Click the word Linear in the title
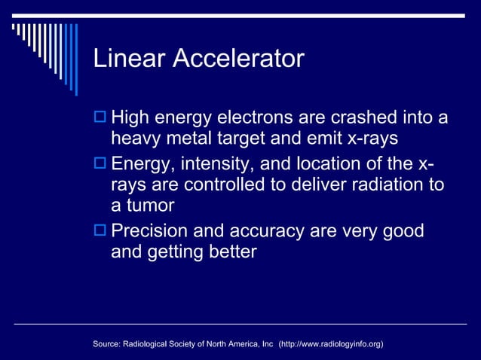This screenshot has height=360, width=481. (129, 59)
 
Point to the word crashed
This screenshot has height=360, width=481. (356, 119)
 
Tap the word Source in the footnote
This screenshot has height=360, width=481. (107, 344)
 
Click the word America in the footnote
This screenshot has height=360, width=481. (235, 344)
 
